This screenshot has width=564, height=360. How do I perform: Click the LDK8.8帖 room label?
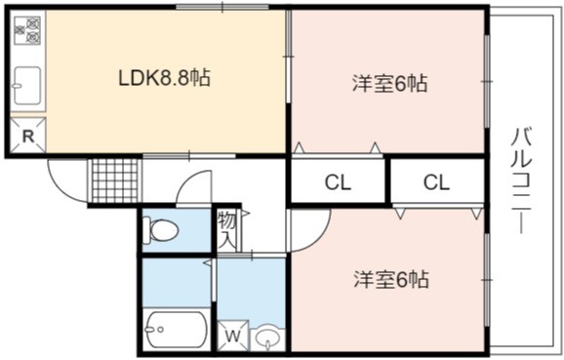pyautogui.click(x=164, y=77)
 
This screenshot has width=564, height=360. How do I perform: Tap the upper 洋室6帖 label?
pyautogui.click(x=389, y=84)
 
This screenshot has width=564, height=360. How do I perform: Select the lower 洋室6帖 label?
pyautogui.click(x=391, y=279)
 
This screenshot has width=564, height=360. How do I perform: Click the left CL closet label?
pyautogui.click(x=338, y=182)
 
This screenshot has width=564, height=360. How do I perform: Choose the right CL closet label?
pyautogui.click(x=436, y=182)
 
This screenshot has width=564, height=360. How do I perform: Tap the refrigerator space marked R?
pyautogui.click(x=28, y=136)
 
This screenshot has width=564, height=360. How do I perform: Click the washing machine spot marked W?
pyautogui.click(x=233, y=336)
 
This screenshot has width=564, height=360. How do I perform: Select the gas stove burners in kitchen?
pyautogui.click(x=27, y=30)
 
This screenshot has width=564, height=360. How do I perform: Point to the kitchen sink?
pyautogui.click(x=27, y=86)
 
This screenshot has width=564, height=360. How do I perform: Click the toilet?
pyautogui.click(x=160, y=229)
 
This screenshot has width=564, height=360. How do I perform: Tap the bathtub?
pyautogui.click(x=176, y=329)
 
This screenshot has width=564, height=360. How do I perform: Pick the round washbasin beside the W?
pyautogui.click(x=267, y=339)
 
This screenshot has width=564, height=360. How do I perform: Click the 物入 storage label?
pyautogui.click(x=227, y=229)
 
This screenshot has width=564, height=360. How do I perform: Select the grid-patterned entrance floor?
pyautogui.click(x=115, y=180)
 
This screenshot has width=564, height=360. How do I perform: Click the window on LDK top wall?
pyautogui.click(x=222, y=7)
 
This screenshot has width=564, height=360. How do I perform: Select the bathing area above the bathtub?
pyautogui.click(x=177, y=282)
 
